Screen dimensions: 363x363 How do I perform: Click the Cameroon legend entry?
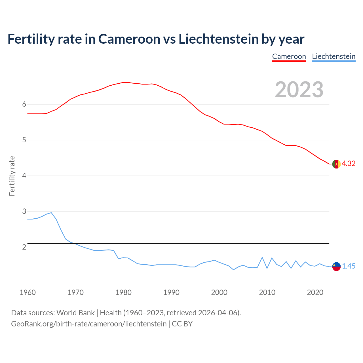(x=289, y=56)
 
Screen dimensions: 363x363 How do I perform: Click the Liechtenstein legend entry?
(x=334, y=56)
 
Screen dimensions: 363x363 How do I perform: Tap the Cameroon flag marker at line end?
(x=336, y=164)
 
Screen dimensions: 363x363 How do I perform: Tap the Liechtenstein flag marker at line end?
(x=336, y=266)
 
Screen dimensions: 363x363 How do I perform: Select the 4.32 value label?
(x=349, y=164)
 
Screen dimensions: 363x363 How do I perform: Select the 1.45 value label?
(x=349, y=266)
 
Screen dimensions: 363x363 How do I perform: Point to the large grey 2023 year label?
(x=299, y=90)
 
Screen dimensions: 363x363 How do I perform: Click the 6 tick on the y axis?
(x=24, y=104)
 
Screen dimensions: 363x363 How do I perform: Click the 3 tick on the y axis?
(x=24, y=212)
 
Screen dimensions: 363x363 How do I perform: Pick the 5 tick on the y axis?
(x=24, y=140)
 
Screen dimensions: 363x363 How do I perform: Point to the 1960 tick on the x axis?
(x=28, y=292)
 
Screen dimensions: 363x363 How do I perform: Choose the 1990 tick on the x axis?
(x=171, y=292)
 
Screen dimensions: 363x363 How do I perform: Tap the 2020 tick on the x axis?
(x=315, y=292)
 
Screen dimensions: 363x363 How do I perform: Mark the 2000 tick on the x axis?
(x=219, y=292)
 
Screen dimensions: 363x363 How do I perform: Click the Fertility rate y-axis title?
(x=12, y=176)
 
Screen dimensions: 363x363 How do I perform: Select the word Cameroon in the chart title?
(x=129, y=39)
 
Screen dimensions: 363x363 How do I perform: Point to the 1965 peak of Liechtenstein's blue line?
(x=51, y=213)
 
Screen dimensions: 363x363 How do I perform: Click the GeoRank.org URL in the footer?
(x=89, y=324)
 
